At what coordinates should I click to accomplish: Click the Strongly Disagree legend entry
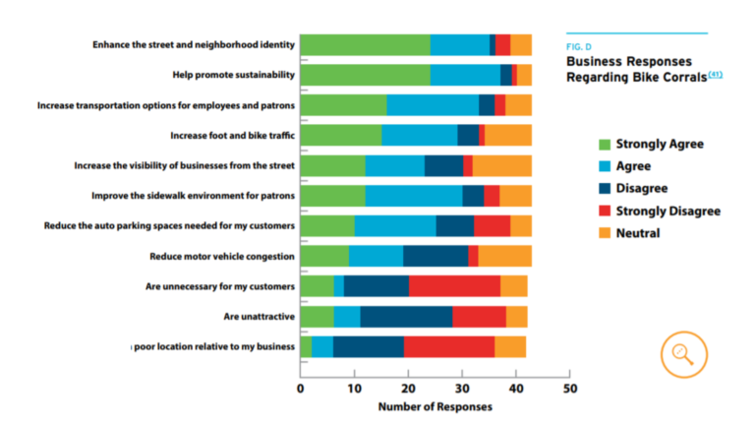(x=668, y=211)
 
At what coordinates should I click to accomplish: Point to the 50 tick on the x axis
(x=568, y=389)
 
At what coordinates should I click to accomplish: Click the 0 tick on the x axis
(x=300, y=389)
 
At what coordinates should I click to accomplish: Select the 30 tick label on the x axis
(x=461, y=389)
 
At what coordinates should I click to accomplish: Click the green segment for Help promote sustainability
(x=364, y=75)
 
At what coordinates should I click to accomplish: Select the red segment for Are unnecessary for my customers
(x=454, y=286)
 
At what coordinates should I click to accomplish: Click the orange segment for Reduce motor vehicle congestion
(x=504, y=256)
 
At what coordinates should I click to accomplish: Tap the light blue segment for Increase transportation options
(x=433, y=105)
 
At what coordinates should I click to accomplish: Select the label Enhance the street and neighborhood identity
(x=193, y=44)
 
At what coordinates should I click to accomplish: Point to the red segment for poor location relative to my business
(x=448, y=346)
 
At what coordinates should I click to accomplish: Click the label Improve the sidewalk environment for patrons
(x=193, y=196)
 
